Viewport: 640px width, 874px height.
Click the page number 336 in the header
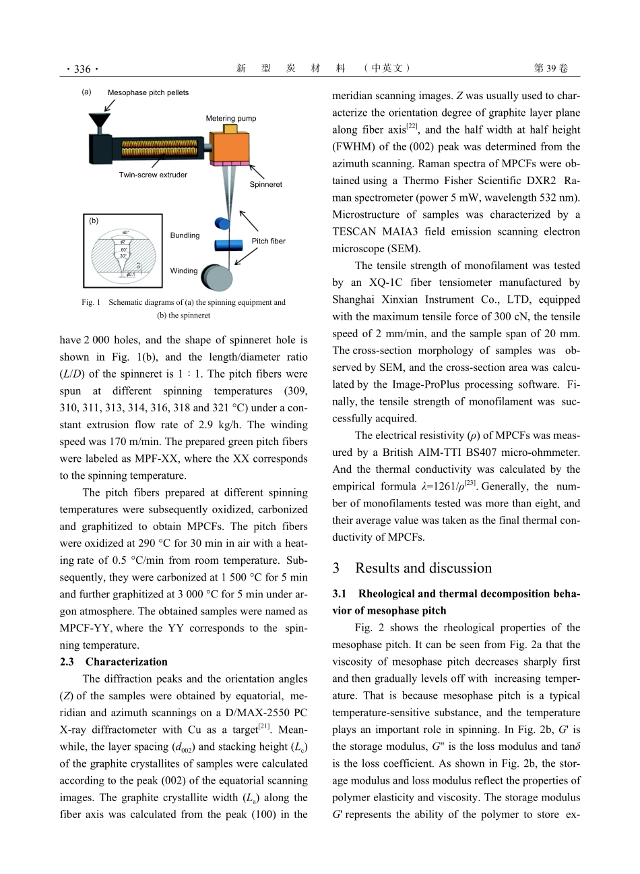(82, 69)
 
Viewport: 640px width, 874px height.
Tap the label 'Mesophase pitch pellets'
(148, 92)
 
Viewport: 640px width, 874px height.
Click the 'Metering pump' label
(231, 119)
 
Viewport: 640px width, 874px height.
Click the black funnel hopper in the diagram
(100, 121)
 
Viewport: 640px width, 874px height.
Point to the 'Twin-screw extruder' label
(153, 175)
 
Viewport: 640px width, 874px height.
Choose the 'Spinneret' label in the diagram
(266, 184)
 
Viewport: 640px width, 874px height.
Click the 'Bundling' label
(185, 235)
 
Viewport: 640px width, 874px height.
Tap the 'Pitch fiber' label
(269, 241)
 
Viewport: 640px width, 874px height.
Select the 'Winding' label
(184, 271)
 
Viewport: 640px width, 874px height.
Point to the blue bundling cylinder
(229, 244)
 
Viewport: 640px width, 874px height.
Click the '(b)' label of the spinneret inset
(94, 221)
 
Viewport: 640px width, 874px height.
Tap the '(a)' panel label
(86, 92)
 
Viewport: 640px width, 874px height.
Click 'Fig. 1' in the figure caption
(91, 303)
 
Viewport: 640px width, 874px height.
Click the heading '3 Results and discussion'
(412, 568)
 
